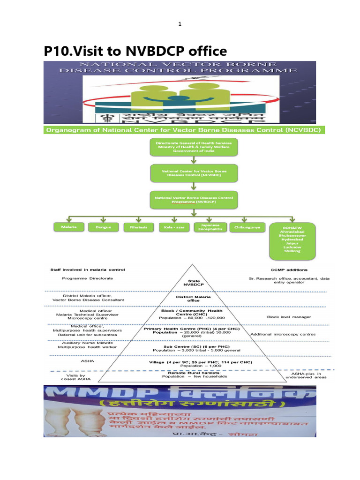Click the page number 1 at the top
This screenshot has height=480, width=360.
coord(180,24)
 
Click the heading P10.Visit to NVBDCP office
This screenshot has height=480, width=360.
coord(135,51)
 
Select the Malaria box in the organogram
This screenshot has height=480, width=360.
coord(67,226)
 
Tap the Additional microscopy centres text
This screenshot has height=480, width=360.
coord(283,334)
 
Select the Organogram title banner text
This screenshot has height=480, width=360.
coord(184,130)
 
